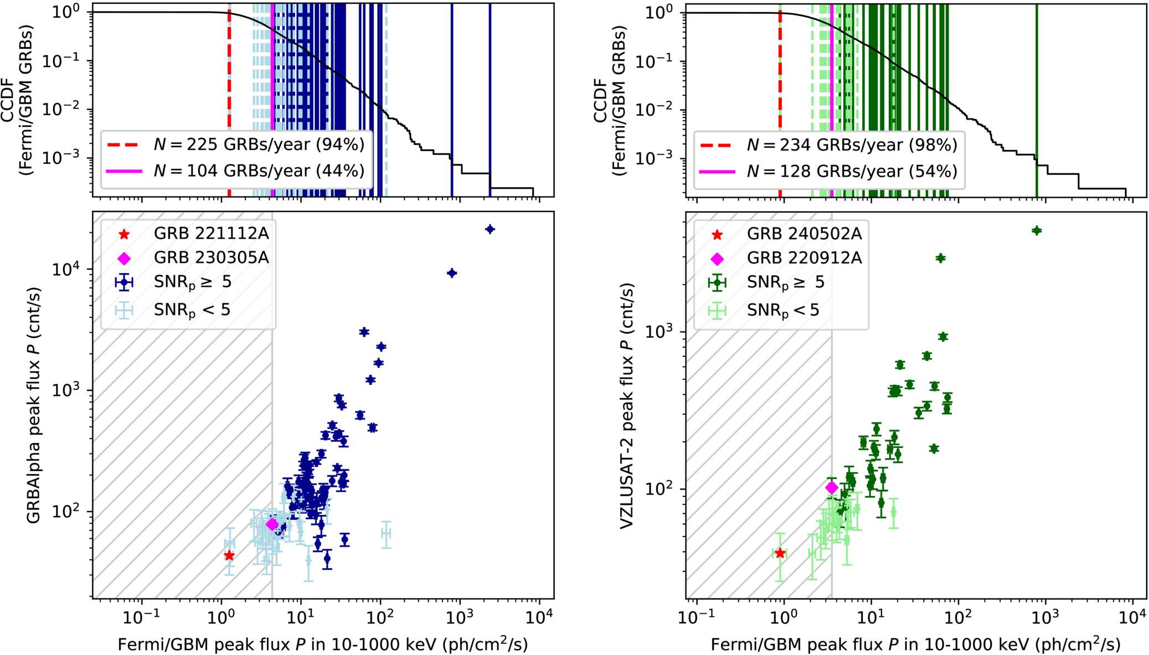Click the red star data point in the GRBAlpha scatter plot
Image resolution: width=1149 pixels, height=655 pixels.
[x=229, y=555]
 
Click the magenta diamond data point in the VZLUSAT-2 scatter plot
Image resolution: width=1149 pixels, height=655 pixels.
[x=832, y=488]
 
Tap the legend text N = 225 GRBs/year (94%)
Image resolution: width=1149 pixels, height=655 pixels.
[x=259, y=145]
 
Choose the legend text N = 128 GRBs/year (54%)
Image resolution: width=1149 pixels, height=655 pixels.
[x=852, y=172]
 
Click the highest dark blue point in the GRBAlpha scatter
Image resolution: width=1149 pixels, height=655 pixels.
[x=490, y=229]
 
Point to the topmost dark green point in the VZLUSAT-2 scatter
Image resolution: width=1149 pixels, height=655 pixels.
[x=1037, y=230]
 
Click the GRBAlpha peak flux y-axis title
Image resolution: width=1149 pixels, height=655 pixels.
[x=34, y=405]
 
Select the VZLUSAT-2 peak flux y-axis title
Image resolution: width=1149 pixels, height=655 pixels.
[x=627, y=406]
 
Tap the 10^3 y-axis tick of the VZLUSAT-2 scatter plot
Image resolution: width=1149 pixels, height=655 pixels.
[x=659, y=331]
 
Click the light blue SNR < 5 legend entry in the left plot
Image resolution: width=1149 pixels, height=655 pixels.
[x=173, y=310]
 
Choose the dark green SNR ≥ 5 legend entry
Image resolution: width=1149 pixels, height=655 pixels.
[x=766, y=283]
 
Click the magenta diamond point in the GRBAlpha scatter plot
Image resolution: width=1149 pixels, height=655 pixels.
[x=272, y=524]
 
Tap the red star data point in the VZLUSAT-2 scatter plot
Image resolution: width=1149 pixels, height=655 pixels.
[x=780, y=553]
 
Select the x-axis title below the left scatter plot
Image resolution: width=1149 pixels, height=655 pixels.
[x=323, y=644]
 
